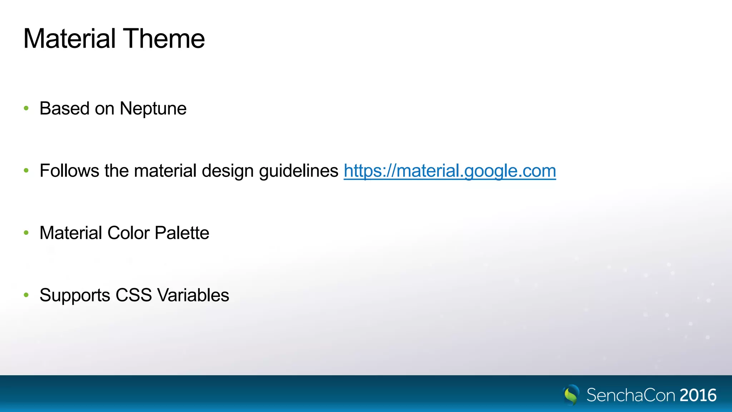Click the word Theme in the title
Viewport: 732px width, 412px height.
(x=164, y=39)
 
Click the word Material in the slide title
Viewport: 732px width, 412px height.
(x=69, y=39)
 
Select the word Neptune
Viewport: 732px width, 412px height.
(x=153, y=109)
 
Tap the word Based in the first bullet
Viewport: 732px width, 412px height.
(x=64, y=108)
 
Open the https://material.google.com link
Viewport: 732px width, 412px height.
(x=450, y=171)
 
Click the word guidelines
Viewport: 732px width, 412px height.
(x=298, y=171)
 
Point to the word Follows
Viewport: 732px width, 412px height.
(x=69, y=171)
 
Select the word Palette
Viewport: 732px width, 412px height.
(x=182, y=233)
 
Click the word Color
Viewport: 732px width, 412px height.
(x=128, y=233)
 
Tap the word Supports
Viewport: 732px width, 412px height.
(x=75, y=296)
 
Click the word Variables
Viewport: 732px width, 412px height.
(x=193, y=295)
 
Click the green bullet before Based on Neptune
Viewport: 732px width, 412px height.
(x=26, y=108)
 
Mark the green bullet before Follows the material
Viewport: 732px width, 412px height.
(x=26, y=171)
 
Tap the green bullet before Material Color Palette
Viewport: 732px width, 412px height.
(x=26, y=233)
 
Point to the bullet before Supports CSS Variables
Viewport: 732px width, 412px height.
(x=26, y=295)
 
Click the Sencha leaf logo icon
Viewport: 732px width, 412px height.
(x=571, y=394)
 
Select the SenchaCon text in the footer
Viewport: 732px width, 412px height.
(x=631, y=395)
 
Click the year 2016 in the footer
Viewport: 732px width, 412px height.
(x=698, y=395)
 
